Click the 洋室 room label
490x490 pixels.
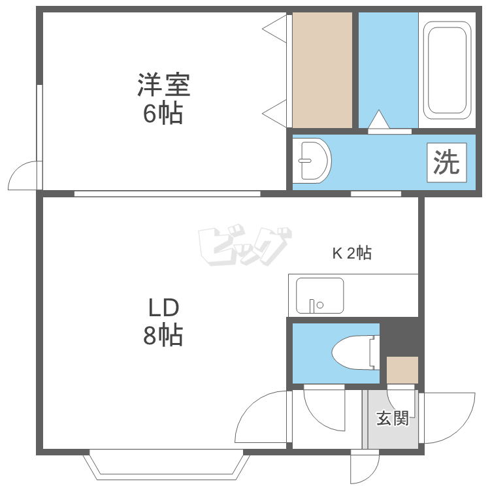click(x=164, y=84)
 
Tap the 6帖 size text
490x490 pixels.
click(x=163, y=113)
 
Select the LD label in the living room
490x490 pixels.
click(x=163, y=307)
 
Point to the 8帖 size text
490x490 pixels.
click(x=163, y=335)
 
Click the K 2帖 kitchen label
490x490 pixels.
click(x=352, y=252)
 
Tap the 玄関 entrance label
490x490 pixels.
click(x=393, y=418)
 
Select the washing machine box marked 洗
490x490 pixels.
click(x=447, y=163)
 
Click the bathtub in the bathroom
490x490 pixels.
click(x=447, y=70)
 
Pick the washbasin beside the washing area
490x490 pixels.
click(x=312, y=161)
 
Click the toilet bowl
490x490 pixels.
click(x=355, y=353)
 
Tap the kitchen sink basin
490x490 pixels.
click(x=319, y=295)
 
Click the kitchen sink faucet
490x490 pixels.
click(x=312, y=306)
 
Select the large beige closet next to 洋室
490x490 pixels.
click(x=322, y=70)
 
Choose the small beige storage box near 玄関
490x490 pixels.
click(x=402, y=370)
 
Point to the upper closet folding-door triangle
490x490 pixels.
click(x=274, y=29)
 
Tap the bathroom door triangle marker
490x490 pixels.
click(x=379, y=119)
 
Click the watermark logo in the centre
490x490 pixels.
click(x=244, y=245)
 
